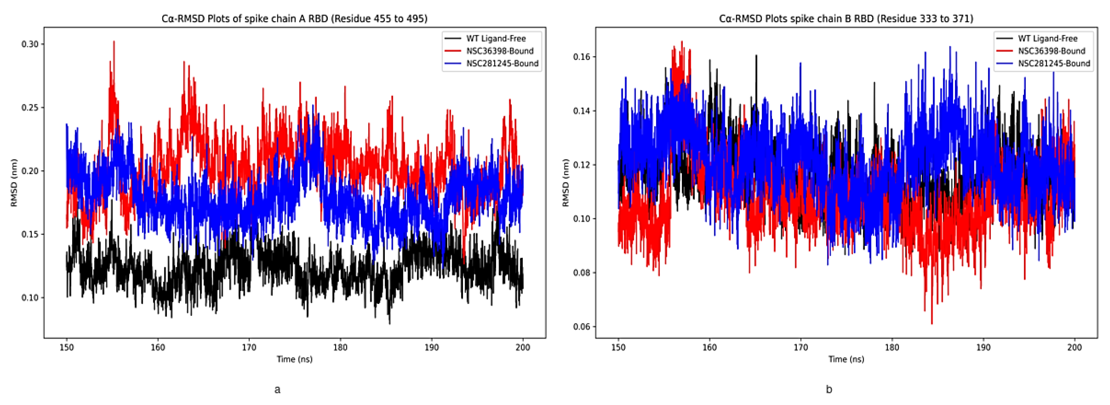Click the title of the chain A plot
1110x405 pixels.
pyautogui.click(x=294, y=19)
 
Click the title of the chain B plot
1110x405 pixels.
pyautogui.click(x=846, y=19)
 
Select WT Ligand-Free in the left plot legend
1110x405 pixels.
pyautogui.click(x=495, y=38)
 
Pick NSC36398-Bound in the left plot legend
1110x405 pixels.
pyautogui.click(x=499, y=51)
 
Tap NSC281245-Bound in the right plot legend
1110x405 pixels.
pyautogui.click(x=1054, y=63)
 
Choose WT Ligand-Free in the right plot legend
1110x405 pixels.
pyautogui.click(x=1047, y=38)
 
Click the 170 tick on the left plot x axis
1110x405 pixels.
pyautogui.click(x=249, y=348)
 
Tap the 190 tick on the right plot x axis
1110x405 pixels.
pyautogui.click(x=983, y=348)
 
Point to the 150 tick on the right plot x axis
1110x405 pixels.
pyautogui.click(x=618, y=348)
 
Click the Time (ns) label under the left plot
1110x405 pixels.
pyautogui.click(x=294, y=359)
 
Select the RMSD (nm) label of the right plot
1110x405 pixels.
pyautogui.click(x=566, y=182)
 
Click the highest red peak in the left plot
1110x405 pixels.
pyautogui.click(x=114, y=42)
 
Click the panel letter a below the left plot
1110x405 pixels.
pyautogui.click(x=277, y=389)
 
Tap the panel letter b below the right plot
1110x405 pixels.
pyautogui.click(x=829, y=389)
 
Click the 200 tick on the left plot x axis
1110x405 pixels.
pyautogui.click(x=523, y=348)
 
